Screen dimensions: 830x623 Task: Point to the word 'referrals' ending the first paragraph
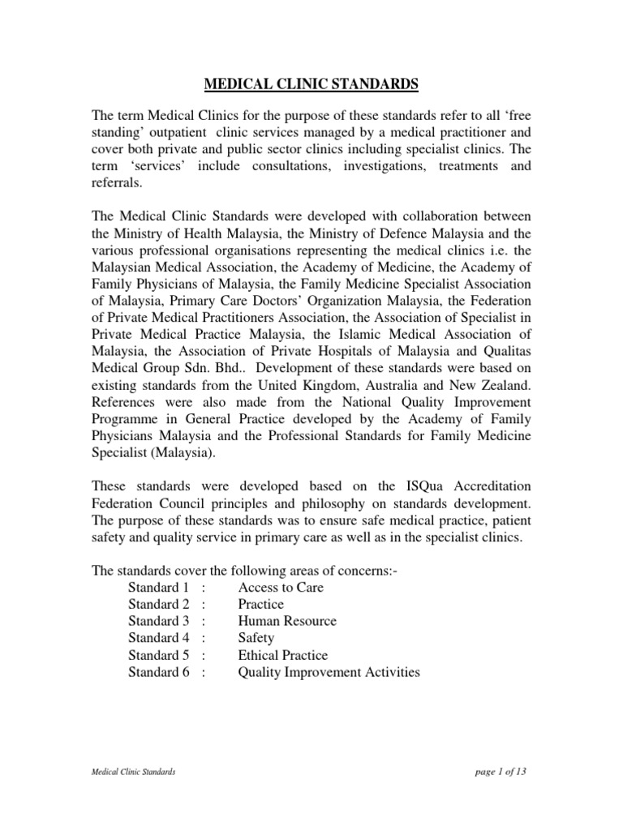(116, 184)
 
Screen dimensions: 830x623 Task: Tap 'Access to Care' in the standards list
(280, 587)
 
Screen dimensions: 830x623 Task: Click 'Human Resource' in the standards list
(286, 621)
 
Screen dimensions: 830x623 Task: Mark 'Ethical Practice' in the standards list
(282, 655)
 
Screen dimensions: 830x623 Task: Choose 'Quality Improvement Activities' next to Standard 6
(329, 672)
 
